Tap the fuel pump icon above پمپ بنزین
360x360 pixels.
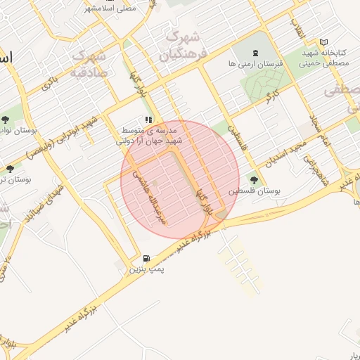point(146,259)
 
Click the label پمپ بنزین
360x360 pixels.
point(146,269)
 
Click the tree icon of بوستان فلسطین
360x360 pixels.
point(254,180)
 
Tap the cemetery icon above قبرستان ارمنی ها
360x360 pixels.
point(255,53)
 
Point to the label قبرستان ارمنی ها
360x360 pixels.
point(255,63)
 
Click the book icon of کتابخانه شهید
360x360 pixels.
point(324,42)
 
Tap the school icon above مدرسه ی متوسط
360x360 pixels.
point(148,120)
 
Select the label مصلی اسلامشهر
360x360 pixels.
point(110,8)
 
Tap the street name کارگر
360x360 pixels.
point(271,95)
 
